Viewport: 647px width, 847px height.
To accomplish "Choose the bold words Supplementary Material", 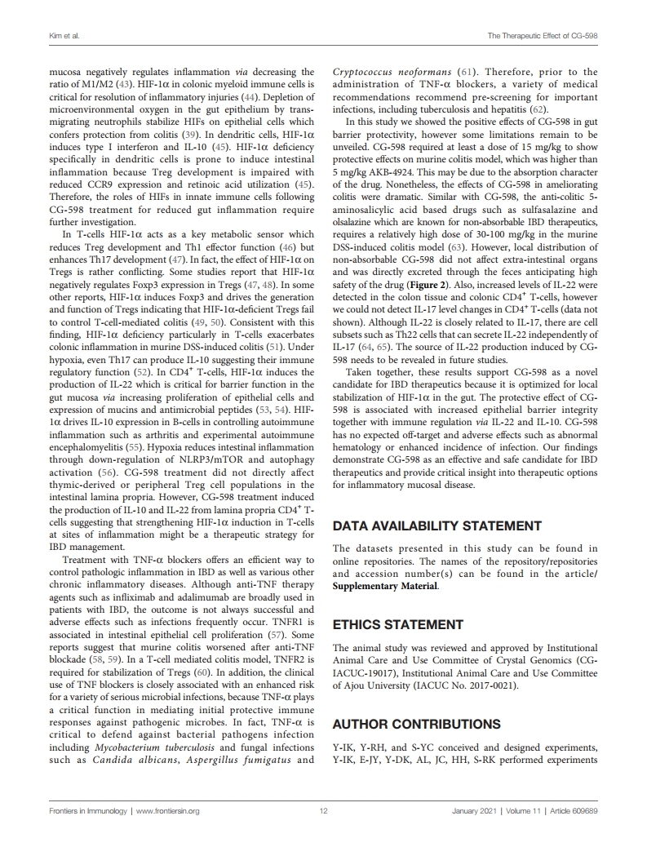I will click(x=385, y=586).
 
